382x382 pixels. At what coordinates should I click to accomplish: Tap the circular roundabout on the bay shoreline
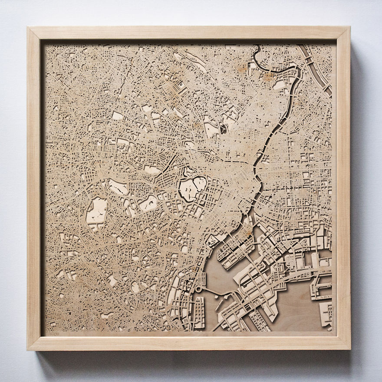click(x=199, y=289)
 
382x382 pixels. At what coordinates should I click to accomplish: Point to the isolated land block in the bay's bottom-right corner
click(x=325, y=313)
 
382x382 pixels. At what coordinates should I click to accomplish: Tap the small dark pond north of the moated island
click(x=223, y=128)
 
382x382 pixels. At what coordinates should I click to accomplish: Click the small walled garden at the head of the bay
click(x=214, y=240)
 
